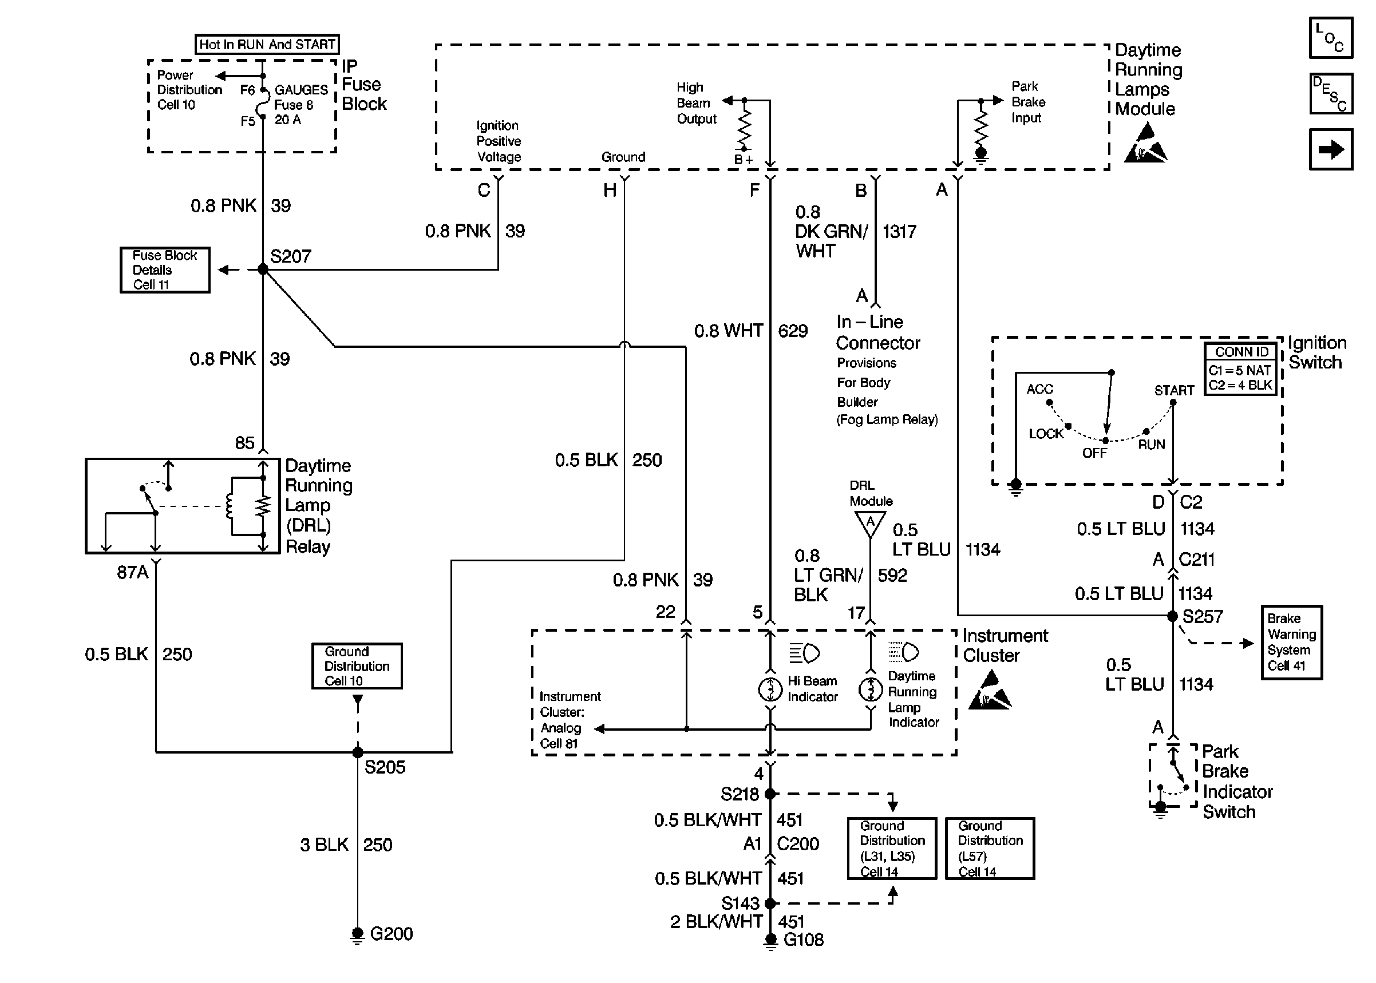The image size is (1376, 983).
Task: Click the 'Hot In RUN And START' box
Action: click(x=266, y=44)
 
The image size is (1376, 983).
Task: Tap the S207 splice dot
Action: click(x=263, y=269)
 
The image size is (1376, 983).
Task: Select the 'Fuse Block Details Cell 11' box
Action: click(x=165, y=270)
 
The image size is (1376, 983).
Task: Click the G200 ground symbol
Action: click(x=357, y=933)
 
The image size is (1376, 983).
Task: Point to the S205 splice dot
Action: click(x=358, y=752)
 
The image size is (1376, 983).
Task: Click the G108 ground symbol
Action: click(x=770, y=940)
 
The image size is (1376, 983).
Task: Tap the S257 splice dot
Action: click(x=1173, y=616)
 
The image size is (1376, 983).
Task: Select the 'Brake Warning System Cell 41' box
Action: click(x=1291, y=642)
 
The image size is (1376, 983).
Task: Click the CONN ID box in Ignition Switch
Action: click(x=1240, y=368)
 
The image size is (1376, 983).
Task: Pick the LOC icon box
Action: click(x=1331, y=38)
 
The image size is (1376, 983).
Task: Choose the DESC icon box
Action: click(x=1331, y=93)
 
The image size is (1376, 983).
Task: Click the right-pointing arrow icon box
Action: click(x=1331, y=149)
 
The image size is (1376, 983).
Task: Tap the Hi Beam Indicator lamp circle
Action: click(x=770, y=689)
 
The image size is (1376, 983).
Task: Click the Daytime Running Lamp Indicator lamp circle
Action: click(x=871, y=689)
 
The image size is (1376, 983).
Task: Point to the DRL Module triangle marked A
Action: click(x=870, y=523)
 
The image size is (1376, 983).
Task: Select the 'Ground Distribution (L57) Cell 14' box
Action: click(x=990, y=848)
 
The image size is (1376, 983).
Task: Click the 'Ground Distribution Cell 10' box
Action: click(x=357, y=666)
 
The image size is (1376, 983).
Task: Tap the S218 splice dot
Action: click(x=770, y=794)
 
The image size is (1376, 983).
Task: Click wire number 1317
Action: click(x=900, y=231)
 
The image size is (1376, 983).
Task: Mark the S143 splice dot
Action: click(x=770, y=903)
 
